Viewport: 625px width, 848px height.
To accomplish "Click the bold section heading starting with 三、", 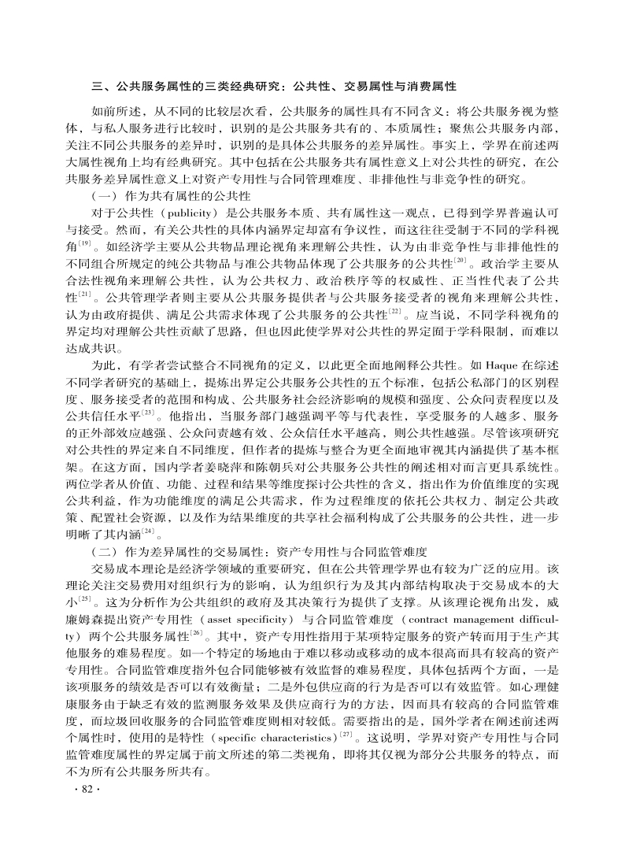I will [274, 86].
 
